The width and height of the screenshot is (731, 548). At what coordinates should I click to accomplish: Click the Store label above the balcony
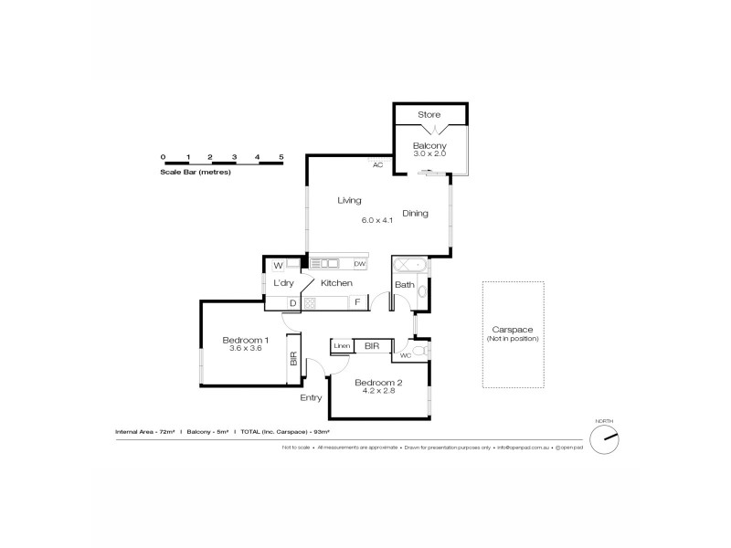(429, 114)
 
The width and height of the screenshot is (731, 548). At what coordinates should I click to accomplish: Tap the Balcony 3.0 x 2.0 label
(429, 146)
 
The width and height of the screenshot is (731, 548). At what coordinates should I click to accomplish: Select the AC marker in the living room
(376, 165)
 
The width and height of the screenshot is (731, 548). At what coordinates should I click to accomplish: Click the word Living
(348, 200)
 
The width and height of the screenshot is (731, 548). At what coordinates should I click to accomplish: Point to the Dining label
(414, 214)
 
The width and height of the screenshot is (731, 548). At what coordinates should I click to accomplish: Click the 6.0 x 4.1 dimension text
(376, 220)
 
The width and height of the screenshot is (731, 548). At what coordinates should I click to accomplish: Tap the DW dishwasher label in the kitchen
(359, 264)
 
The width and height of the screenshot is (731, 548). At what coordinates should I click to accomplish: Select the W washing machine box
(279, 266)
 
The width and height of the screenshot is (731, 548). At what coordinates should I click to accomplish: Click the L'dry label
(283, 284)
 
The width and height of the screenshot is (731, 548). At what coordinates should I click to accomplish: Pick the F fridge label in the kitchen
(356, 302)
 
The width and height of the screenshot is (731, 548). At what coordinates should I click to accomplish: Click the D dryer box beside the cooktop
(291, 302)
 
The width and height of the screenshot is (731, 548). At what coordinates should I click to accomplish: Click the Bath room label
(404, 285)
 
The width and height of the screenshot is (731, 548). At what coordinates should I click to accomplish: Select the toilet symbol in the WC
(418, 351)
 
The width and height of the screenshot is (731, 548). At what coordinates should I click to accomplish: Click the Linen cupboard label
(342, 346)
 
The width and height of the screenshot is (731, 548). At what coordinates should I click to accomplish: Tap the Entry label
(311, 398)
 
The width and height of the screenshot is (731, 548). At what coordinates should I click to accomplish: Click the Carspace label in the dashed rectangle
(513, 330)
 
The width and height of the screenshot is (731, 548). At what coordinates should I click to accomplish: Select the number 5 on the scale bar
(281, 157)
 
